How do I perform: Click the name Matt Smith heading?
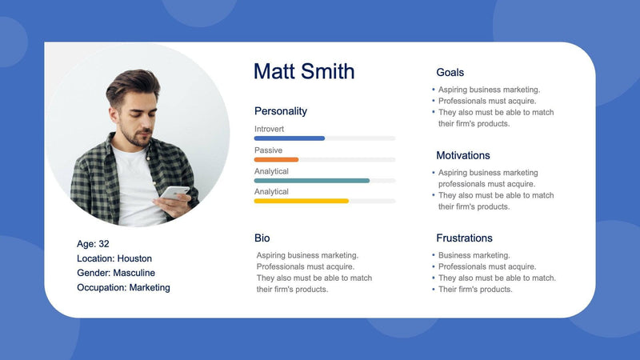[304, 71]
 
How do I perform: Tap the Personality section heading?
[281, 111]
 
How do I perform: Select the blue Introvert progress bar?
[290, 138]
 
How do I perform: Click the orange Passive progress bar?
[276, 159]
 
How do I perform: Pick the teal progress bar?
[312, 181]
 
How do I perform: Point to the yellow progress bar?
[301, 201]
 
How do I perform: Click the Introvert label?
[269, 129]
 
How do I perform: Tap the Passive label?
[268, 150]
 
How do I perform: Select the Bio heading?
[262, 238]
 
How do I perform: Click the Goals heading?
[450, 72]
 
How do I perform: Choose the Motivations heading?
[463, 155]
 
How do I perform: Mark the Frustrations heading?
[464, 238]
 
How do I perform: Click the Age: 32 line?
[93, 244]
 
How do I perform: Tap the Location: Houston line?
[114, 258]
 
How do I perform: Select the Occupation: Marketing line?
[123, 287]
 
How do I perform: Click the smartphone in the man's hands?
[175, 193]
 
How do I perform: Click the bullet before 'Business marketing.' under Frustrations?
[433, 255]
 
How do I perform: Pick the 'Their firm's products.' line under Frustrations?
[475, 289]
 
